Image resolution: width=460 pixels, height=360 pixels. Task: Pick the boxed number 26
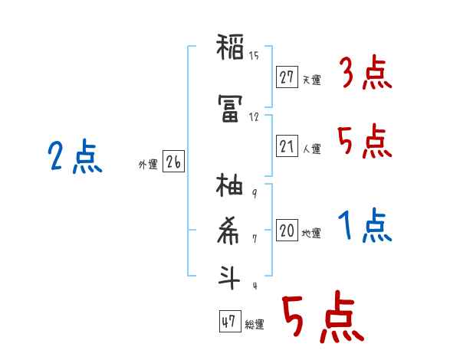173,162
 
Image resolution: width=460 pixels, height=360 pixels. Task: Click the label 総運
255,325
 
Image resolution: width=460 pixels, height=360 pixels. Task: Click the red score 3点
365,74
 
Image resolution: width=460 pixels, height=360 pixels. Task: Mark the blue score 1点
365,226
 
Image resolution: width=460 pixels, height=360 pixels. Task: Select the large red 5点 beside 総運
322,319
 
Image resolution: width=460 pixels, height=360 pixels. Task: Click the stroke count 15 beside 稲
255,55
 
